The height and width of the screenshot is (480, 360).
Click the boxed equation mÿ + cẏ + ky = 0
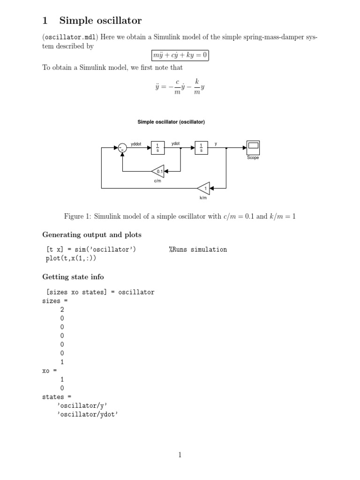point(180,56)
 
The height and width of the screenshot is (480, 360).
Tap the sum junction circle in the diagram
point(122,148)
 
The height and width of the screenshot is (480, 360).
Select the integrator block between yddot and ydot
point(157,148)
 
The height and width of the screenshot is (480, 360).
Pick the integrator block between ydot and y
point(202,148)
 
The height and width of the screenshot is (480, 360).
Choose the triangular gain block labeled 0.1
point(158,172)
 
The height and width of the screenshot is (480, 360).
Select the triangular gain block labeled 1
point(204,188)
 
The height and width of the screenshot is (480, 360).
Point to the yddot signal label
point(136,144)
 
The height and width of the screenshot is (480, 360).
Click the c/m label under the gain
point(157,181)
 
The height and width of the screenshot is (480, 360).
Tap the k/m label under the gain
point(203,198)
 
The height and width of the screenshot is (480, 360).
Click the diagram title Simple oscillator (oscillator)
point(171,122)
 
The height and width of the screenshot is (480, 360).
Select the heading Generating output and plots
point(92,235)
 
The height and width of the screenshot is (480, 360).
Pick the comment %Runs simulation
point(198,249)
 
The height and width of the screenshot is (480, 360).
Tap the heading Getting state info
point(73,277)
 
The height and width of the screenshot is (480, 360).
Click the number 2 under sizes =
point(62,309)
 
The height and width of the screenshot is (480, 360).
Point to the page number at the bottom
point(180,454)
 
